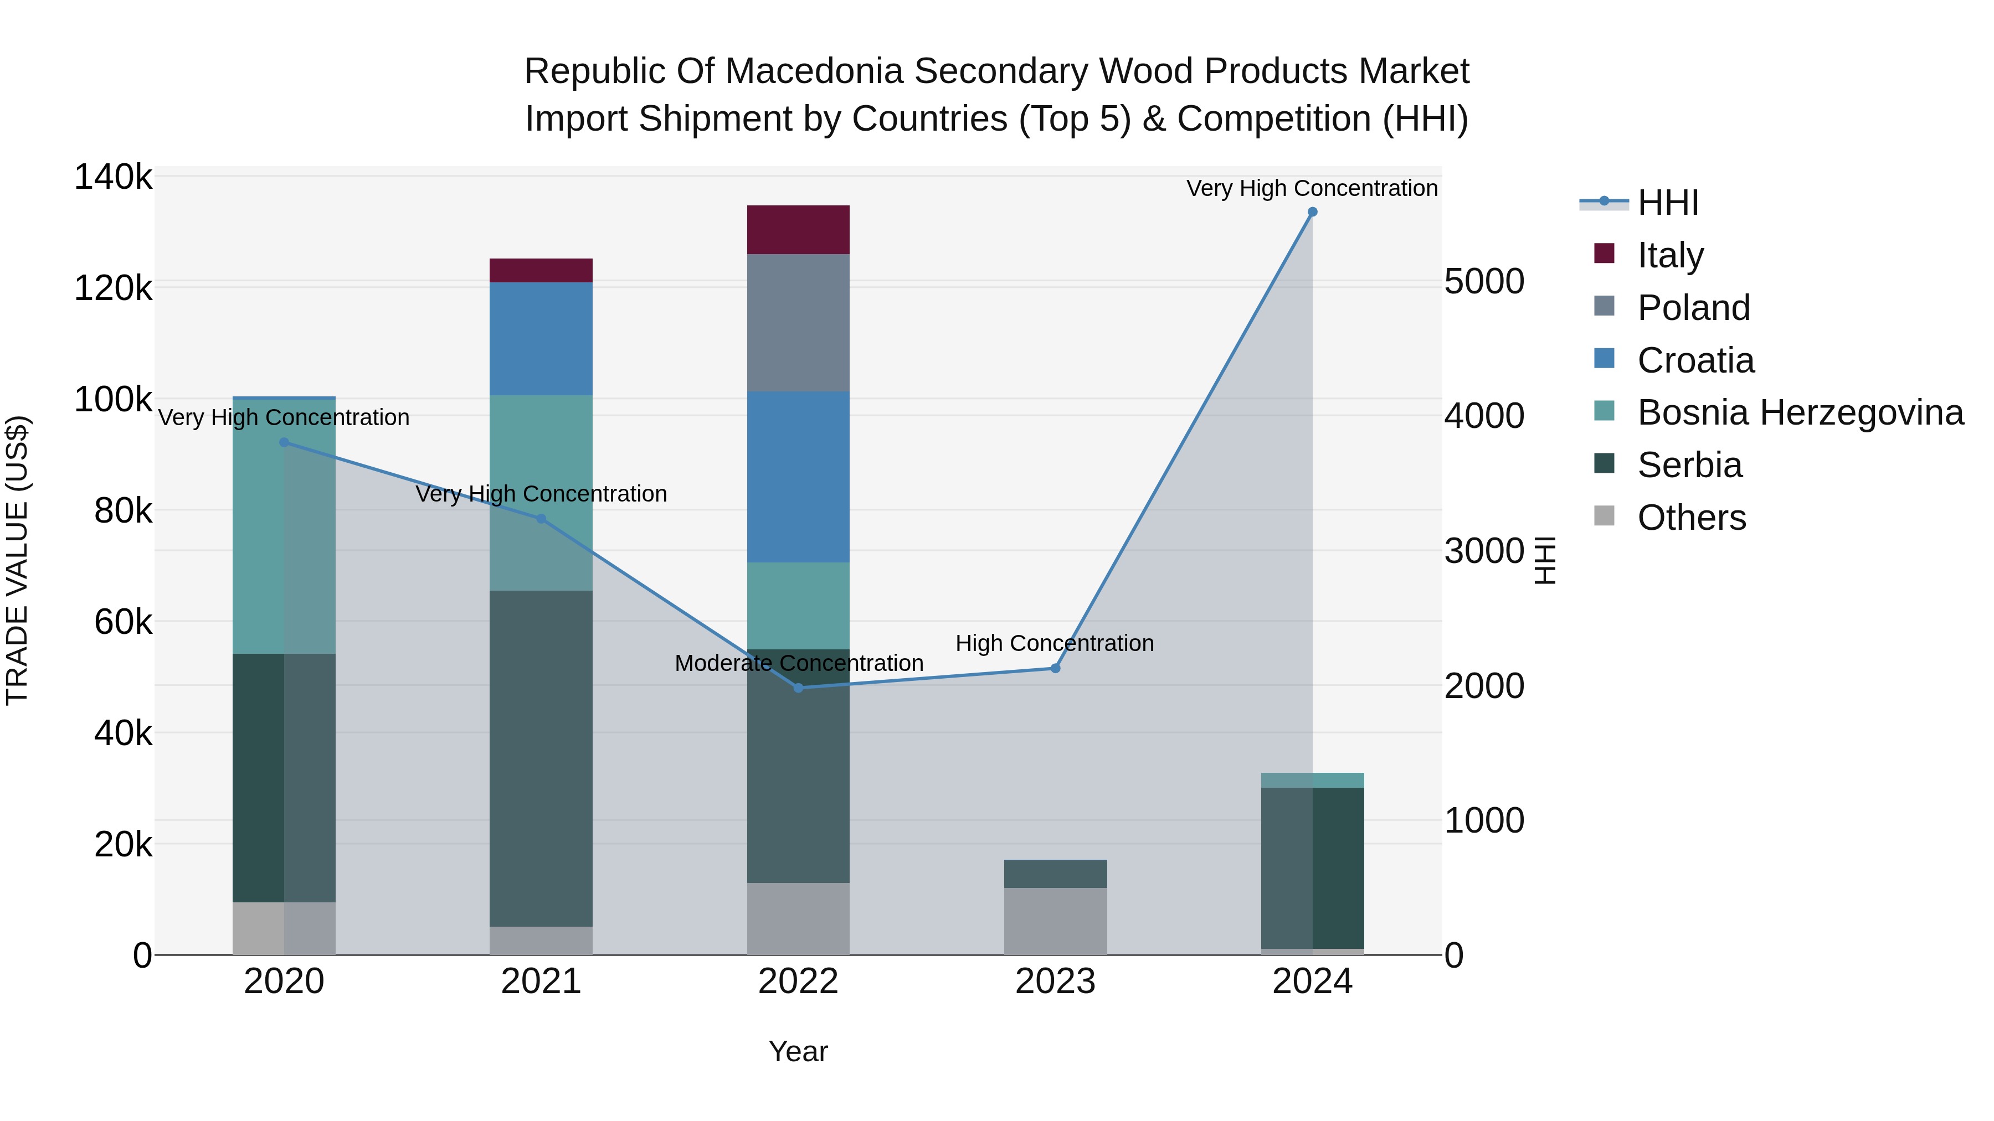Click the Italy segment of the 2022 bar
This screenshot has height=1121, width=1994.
click(798, 229)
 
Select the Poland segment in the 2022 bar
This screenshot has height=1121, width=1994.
click(798, 323)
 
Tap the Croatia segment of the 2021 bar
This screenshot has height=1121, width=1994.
click(541, 339)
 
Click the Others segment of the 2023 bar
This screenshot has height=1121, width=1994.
click(1055, 921)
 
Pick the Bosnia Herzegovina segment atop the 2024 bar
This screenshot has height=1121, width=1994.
click(1312, 780)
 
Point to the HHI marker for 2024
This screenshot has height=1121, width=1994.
click(1312, 212)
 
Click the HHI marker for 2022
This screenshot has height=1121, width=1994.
click(798, 688)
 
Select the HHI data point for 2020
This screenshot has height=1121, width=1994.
click(284, 442)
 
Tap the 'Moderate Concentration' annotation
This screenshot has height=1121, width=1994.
click(799, 664)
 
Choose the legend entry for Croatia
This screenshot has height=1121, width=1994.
click(1695, 360)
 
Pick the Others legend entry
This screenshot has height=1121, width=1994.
click(1692, 518)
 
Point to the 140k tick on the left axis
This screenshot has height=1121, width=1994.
click(113, 177)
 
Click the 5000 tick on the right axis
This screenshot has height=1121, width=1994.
click(1484, 282)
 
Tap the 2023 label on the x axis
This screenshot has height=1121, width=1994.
click(1055, 981)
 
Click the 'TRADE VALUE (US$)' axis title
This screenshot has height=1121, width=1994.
click(17, 560)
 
